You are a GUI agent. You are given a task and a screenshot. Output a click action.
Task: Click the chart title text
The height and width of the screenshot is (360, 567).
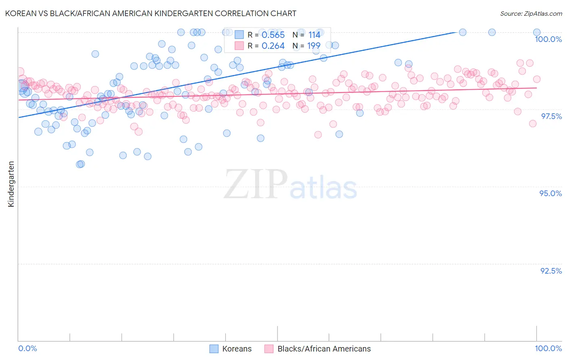(x=151, y=13)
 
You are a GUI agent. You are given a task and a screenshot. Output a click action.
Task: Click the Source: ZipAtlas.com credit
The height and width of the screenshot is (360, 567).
(x=531, y=13)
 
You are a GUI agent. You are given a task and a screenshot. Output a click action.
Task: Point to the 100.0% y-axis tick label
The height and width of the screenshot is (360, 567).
(x=548, y=39)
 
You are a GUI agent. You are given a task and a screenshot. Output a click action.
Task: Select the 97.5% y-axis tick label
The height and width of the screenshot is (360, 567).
(x=551, y=116)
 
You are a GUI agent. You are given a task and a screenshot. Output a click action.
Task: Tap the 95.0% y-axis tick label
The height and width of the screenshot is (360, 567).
(x=550, y=193)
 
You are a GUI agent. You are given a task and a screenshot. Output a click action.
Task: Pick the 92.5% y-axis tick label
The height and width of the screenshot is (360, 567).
(x=551, y=271)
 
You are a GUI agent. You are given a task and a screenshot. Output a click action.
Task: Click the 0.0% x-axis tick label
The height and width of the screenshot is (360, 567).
(x=27, y=348)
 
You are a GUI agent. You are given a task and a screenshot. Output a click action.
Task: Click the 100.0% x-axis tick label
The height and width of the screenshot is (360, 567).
(x=548, y=348)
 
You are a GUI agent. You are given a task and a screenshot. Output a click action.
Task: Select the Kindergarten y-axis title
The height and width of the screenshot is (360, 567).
(x=11, y=184)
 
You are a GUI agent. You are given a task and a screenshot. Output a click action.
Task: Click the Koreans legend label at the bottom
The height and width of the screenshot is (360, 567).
(x=237, y=349)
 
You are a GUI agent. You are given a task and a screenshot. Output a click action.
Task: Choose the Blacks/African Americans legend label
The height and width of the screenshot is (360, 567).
(x=324, y=349)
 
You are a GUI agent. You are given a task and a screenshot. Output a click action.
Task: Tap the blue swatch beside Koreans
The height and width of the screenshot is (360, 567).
(x=214, y=349)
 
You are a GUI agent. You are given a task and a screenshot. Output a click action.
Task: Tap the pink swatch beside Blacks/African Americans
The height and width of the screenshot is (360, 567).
(x=269, y=349)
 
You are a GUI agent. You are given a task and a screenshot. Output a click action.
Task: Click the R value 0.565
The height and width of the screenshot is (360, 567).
(x=273, y=35)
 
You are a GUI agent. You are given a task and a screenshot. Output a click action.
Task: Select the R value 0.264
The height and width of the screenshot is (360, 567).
(x=273, y=46)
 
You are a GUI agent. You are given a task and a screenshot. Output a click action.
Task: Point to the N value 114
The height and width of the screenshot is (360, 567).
(x=314, y=35)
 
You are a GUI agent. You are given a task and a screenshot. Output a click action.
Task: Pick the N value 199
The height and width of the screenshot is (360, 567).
(x=314, y=46)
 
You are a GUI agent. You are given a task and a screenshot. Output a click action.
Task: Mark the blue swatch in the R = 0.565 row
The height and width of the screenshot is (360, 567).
(x=239, y=35)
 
